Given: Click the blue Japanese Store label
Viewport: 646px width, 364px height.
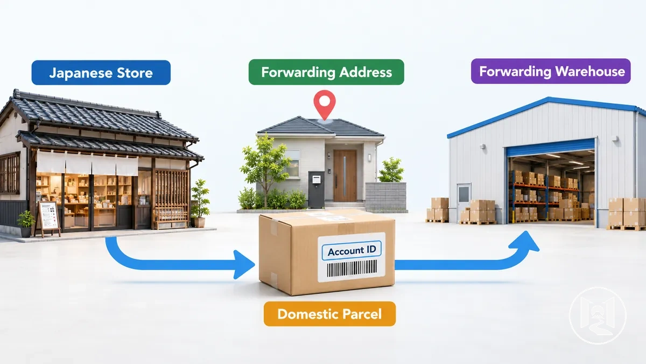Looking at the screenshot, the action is (x=101, y=72).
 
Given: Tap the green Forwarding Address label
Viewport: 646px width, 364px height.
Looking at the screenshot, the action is (x=326, y=72).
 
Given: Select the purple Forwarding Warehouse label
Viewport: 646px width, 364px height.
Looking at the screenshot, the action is (x=551, y=71).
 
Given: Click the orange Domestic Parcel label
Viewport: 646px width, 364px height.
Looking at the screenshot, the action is (x=329, y=314).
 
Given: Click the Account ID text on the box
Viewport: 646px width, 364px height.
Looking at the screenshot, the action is (x=352, y=251).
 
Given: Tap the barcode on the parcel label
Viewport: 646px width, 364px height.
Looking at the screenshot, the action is (x=352, y=269).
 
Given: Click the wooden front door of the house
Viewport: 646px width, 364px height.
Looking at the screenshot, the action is (x=345, y=175).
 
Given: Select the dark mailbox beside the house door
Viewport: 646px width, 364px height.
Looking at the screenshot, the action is (x=317, y=189).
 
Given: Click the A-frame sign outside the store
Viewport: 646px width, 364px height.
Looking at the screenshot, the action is (x=47, y=219).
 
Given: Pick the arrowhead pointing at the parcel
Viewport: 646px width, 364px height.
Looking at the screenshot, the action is (x=244, y=264).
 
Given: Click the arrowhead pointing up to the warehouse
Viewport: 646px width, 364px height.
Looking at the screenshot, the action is (x=524, y=242).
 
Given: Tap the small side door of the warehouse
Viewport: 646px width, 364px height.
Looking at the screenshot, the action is (x=464, y=202).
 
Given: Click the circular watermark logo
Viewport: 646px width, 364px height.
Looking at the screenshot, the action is (x=598, y=315).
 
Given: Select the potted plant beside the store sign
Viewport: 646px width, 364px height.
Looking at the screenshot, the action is (x=26, y=224).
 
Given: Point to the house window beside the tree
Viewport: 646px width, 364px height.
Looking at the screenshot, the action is (x=292, y=163).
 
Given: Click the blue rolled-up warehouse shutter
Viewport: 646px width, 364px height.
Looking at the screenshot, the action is (x=551, y=148).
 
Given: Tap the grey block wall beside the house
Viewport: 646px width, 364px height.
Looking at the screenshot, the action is (x=385, y=196).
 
